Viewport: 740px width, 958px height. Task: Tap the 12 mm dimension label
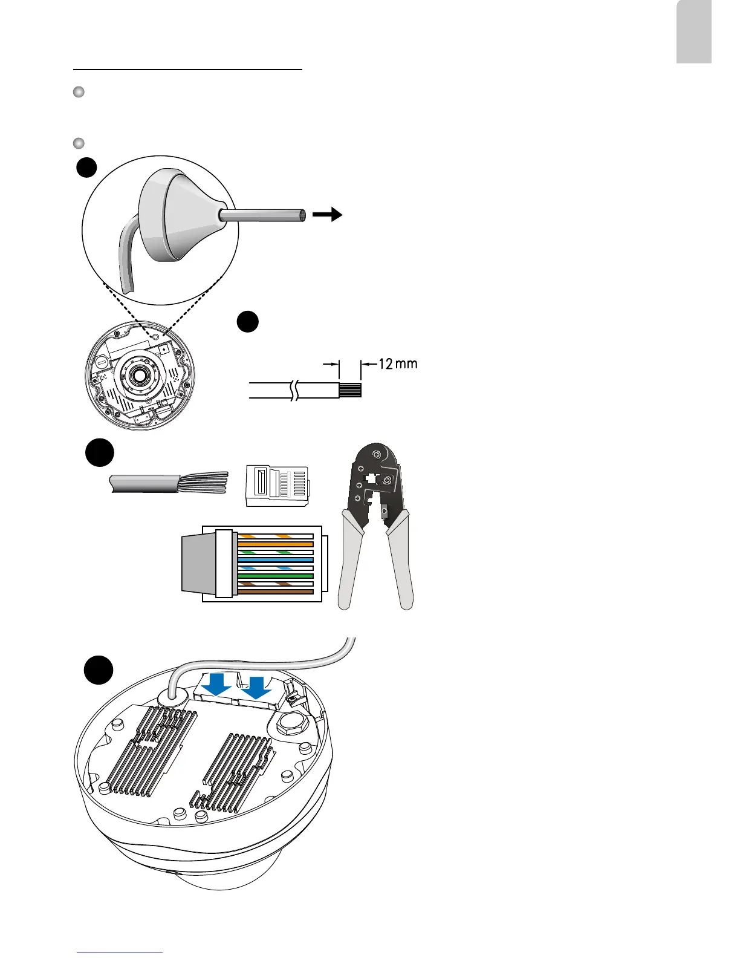click(x=397, y=364)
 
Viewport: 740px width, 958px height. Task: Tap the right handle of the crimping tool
click(x=400, y=563)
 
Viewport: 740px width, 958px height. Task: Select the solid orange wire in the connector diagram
click(x=276, y=544)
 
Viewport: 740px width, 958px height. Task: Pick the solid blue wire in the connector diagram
click(x=276, y=560)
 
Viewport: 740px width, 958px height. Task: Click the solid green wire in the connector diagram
click(x=276, y=576)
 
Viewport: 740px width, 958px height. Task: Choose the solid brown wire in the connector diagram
click(x=276, y=591)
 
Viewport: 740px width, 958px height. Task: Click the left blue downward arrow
click(x=217, y=685)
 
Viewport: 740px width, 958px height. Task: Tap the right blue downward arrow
click(x=257, y=687)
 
